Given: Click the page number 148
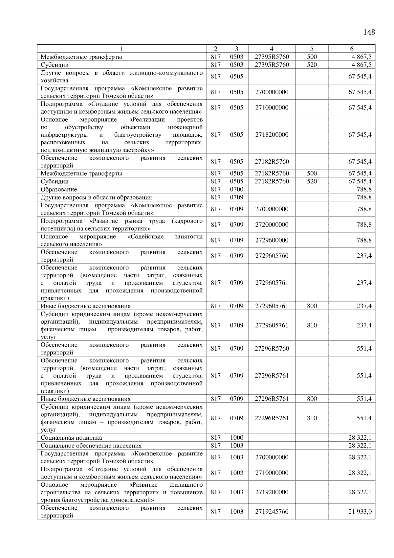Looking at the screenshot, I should [x=369, y=32].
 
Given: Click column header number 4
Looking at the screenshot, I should [x=272, y=49].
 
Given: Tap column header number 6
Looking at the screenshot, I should [x=352, y=49].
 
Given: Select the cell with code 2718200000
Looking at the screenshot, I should [x=272, y=135].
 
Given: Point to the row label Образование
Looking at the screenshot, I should [x=59, y=189].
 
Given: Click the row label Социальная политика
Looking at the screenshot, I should [x=71, y=438].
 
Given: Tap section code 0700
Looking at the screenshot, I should [x=236, y=189].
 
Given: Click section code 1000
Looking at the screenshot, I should [x=236, y=438].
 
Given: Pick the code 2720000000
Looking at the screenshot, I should [x=272, y=225].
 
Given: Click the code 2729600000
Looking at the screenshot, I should [x=272, y=240].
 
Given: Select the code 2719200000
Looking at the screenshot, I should [x=272, y=492].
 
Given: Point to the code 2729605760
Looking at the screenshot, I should [x=272, y=256].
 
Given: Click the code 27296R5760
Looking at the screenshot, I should [x=272, y=349].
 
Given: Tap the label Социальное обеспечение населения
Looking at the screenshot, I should [x=91, y=446].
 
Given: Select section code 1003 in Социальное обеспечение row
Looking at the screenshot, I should [x=236, y=446].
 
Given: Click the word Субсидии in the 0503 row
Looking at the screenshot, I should [x=55, y=65].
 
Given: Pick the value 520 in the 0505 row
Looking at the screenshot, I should [x=312, y=181].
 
